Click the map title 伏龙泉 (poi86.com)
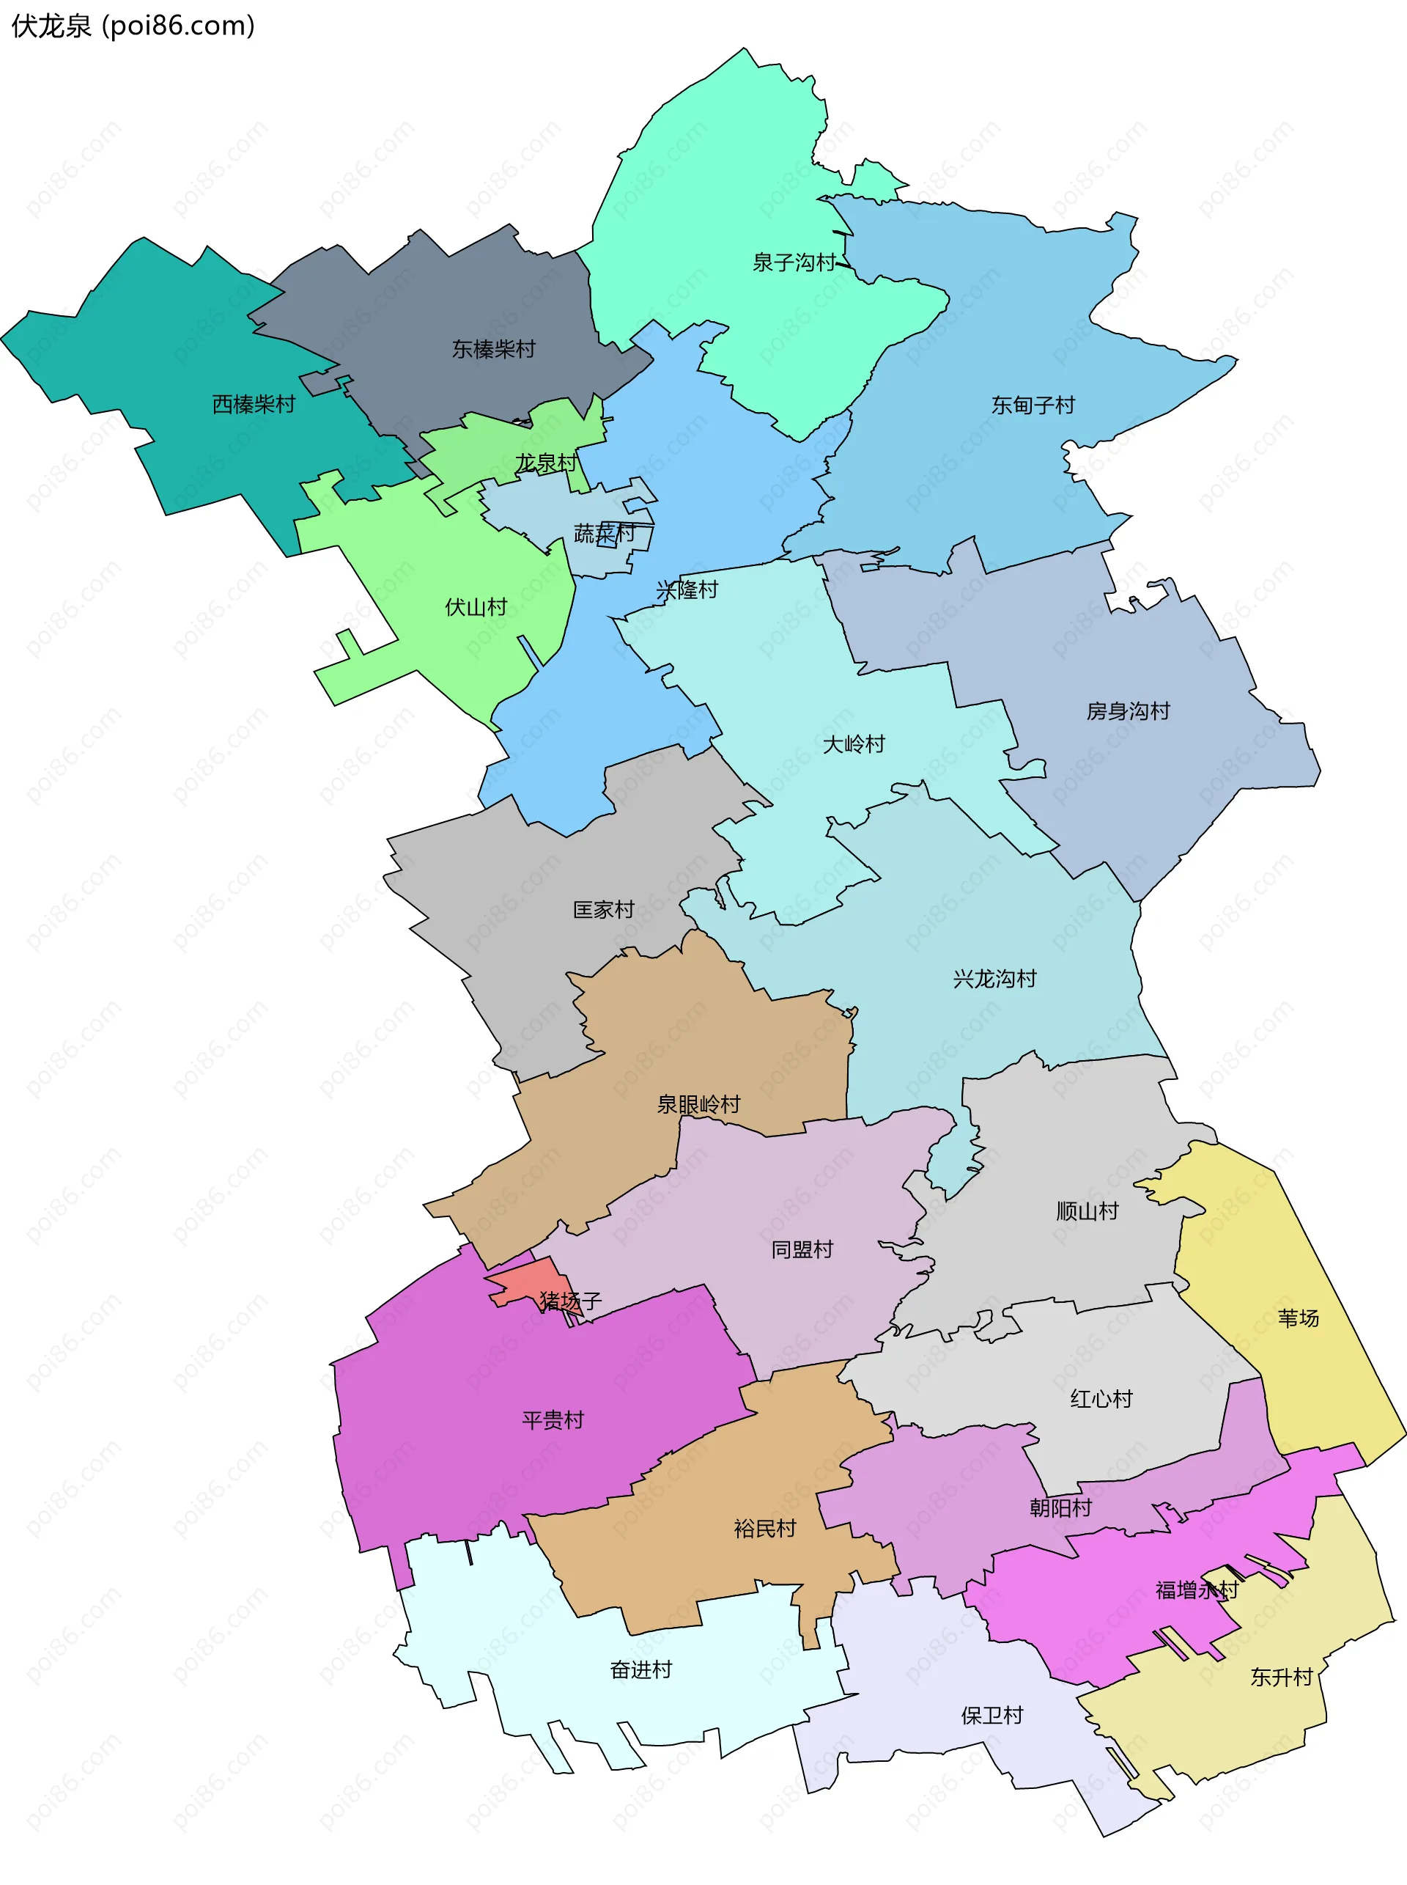point(133,26)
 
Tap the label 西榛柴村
point(253,404)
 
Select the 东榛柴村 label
point(493,348)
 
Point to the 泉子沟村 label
point(794,262)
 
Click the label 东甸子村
point(1033,405)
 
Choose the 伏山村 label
point(476,607)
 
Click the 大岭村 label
point(854,744)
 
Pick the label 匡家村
point(603,909)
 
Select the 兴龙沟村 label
point(994,978)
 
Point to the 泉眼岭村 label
point(698,1104)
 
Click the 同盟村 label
point(802,1249)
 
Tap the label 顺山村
point(1087,1211)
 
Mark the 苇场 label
point(1298,1318)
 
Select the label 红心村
point(1101,1398)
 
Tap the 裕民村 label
point(764,1528)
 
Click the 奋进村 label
point(640,1669)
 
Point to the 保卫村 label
point(991,1716)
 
